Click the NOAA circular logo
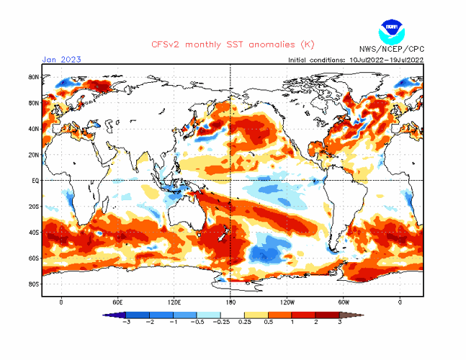pyautogui.click(x=393, y=32)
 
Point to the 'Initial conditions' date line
pyautogui.click(x=354, y=60)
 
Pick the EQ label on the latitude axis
pyautogui.click(x=35, y=181)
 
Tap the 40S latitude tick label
pyautogui.click(x=33, y=232)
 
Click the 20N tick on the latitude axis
pyautogui.click(x=33, y=155)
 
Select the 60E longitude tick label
pyautogui.click(x=117, y=302)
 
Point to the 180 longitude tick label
pyautogui.click(x=230, y=302)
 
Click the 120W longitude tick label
pyautogui.click(x=287, y=302)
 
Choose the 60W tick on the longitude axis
pyautogui.click(x=343, y=302)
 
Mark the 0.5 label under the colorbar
pyautogui.click(x=268, y=322)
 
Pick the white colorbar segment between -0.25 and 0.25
pyautogui.click(x=232, y=315)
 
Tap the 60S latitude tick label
pyautogui.click(x=33, y=258)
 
